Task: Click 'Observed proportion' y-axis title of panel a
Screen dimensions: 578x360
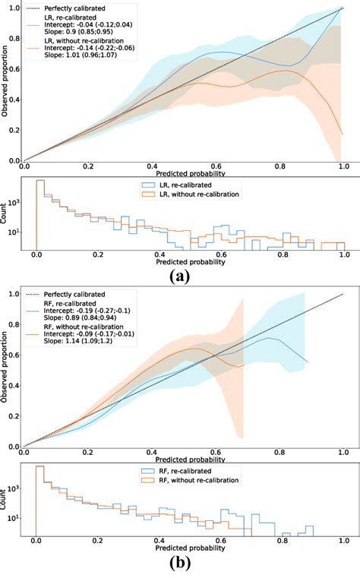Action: pyautogui.click(x=5, y=84)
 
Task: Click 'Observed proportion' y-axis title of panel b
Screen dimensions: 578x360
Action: pyautogui.click(x=5, y=370)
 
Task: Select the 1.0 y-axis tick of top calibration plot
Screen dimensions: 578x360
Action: pyautogui.click(x=14, y=8)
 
